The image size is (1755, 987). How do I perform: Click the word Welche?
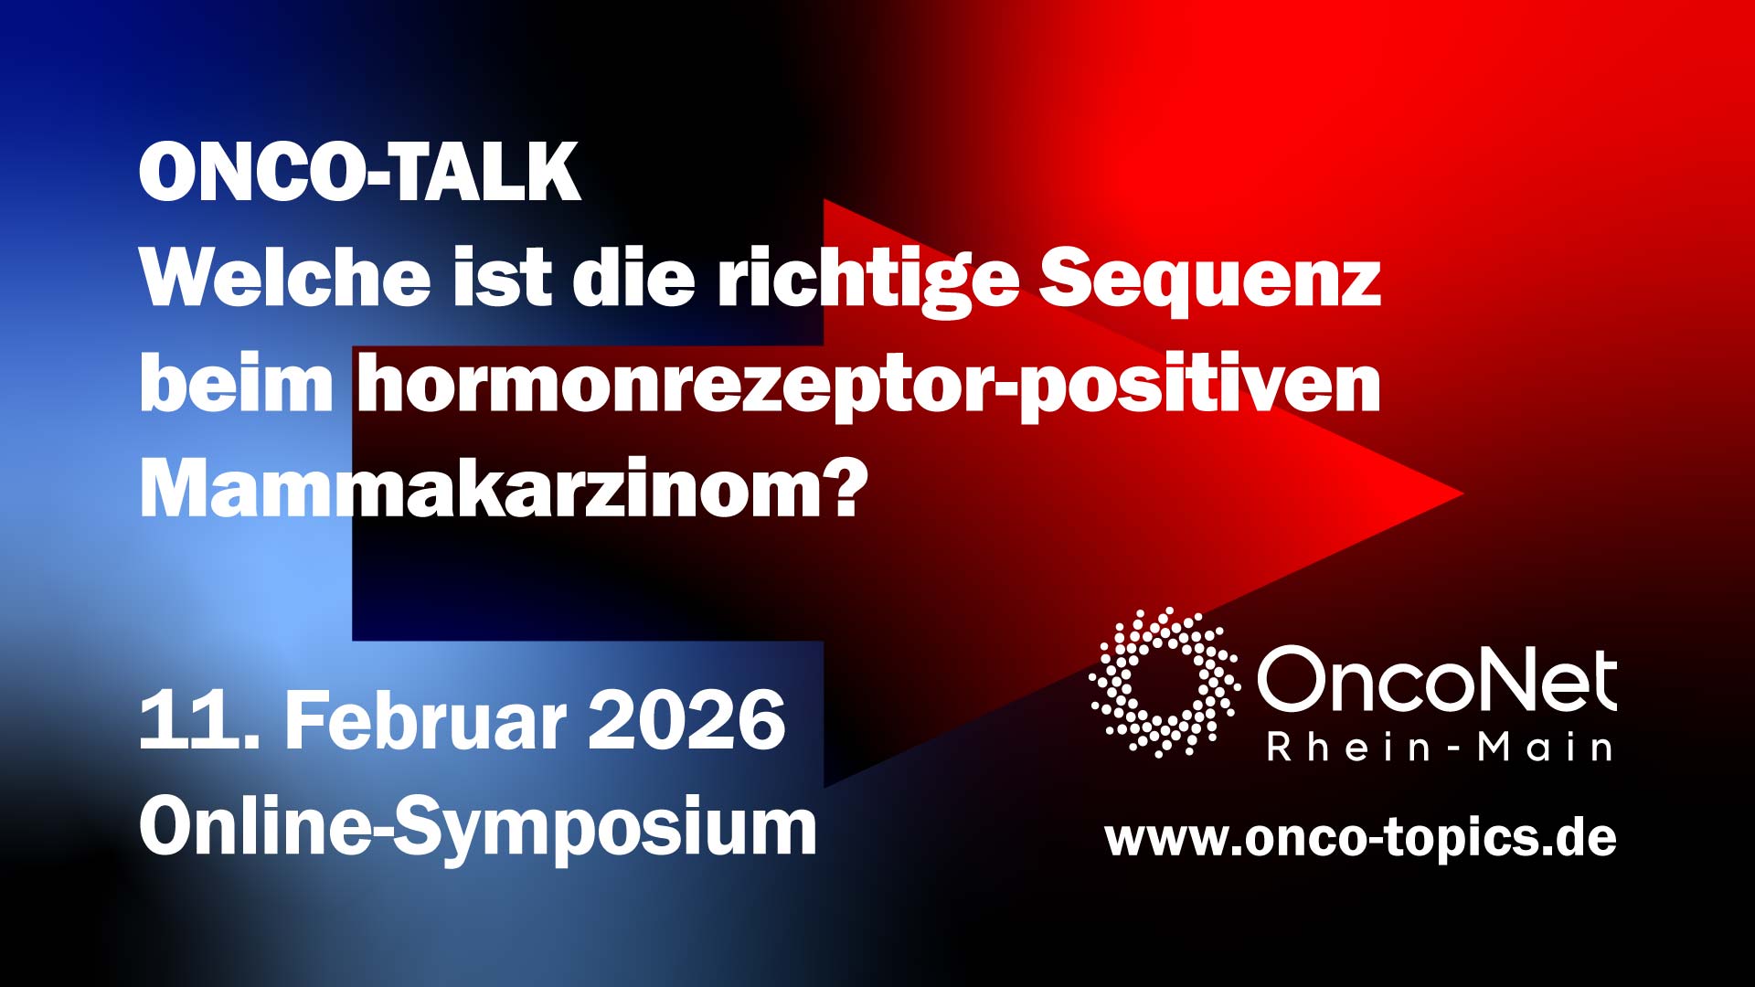click(x=285, y=278)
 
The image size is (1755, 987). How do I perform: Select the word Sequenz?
click(x=1209, y=280)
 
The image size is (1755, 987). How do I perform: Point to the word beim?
click(x=237, y=385)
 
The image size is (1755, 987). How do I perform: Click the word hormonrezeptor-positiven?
click(x=868, y=387)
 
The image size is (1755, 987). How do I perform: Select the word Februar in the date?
click(x=425, y=721)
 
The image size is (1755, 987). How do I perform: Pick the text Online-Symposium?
click(x=477, y=828)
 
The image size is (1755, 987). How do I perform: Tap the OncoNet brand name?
click(x=1436, y=680)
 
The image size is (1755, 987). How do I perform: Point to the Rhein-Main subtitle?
click(x=1440, y=748)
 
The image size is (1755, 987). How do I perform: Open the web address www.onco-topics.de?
click(x=1360, y=838)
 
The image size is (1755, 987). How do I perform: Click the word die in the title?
click(x=633, y=278)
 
